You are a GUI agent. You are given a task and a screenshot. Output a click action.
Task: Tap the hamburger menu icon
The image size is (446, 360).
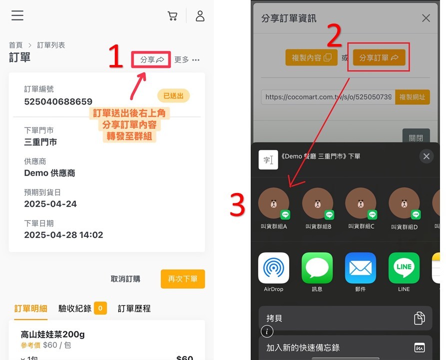17,15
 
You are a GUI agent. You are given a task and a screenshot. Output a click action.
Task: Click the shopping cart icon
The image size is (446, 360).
172,16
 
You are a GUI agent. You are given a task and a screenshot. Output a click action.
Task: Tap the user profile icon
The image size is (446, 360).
200,16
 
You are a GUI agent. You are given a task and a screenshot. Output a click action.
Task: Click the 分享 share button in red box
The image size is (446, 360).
152,59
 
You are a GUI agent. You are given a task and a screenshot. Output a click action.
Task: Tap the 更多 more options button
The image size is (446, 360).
187,59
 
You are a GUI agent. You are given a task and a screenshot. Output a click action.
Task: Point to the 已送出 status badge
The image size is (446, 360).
173,95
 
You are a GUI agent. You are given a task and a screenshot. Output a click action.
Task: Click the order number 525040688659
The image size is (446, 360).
58,101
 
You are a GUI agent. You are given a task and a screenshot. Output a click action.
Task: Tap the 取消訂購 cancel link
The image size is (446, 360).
125,279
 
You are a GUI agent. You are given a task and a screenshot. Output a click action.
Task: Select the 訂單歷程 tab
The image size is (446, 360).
134,308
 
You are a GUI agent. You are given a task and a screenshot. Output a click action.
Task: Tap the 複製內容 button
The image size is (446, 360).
312,57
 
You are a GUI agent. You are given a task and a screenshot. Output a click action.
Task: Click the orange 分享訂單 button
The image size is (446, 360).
379,57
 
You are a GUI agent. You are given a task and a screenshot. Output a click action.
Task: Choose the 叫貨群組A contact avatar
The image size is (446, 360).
274,203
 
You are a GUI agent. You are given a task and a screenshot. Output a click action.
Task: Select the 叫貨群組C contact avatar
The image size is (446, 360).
361,203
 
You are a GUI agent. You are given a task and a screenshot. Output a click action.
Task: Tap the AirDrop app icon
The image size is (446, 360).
274,268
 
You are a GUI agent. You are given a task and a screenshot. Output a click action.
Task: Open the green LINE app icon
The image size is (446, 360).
404,268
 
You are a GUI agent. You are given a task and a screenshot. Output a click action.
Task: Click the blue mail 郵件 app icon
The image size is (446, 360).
361,268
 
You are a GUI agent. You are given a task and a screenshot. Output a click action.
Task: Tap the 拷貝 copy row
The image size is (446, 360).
345,318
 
